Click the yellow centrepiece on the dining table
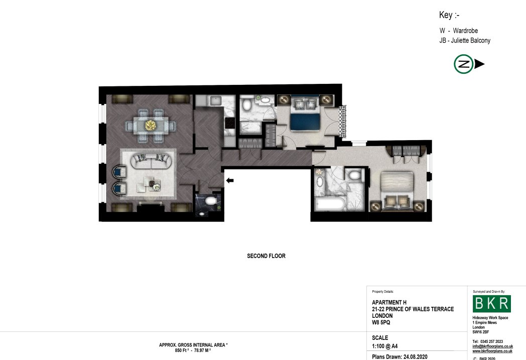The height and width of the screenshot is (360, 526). pyautogui.click(x=151, y=125)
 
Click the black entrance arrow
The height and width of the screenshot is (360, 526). pyautogui.click(x=230, y=181)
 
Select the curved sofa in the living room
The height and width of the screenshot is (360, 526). pyautogui.click(x=151, y=161)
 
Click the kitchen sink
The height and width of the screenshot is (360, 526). pyautogui.click(x=215, y=100)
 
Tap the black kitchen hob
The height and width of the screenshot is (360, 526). pyautogui.click(x=230, y=123)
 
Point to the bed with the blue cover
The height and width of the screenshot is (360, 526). pyautogui.click(x=305, y=113)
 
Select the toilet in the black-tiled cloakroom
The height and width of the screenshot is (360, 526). pyautogui.click(x=210, y=201)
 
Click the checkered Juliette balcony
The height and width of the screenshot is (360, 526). pyautogui.click(x=342, y=121)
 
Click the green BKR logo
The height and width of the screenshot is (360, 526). pyautogui.click(x=492, y=304)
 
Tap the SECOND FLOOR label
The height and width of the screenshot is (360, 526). pyautogui.click(x=267, y=256)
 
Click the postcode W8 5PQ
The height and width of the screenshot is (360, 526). pyautogui.click(x=381, y=322)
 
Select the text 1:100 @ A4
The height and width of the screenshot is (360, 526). pyautogui.click(x=385, y=346)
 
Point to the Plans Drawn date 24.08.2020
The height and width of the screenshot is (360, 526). pyautogui.click(x=415, y=356)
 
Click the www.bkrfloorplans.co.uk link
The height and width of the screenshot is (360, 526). pyautogui.click(x=492, y=351)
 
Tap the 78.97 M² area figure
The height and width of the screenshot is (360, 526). pyautogui.click(x=203, y=350)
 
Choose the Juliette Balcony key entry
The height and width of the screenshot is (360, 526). pyautogui.click(x=465, y=41)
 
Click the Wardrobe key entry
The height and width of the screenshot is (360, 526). pyautogui.click(x=459, y=31)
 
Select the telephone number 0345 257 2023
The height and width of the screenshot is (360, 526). pyautogui.click(x=491, y=341)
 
